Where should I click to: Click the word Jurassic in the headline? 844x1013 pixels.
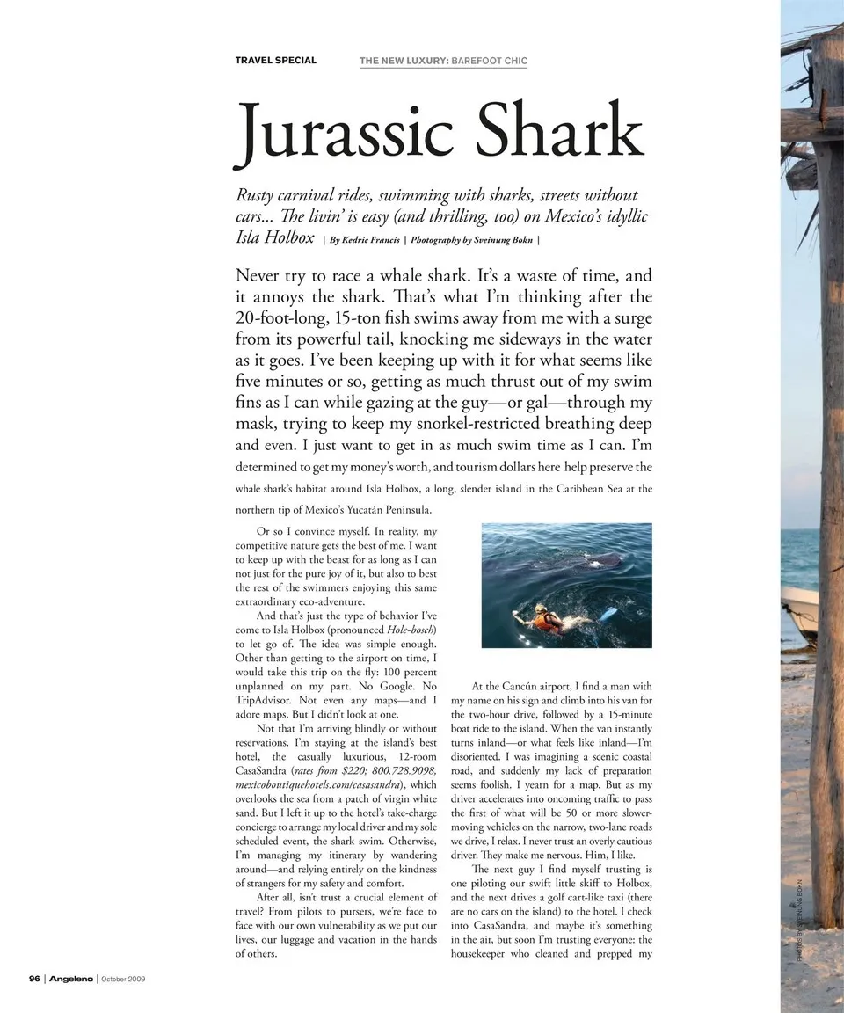point(346,134)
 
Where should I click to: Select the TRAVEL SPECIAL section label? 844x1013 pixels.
point(275,61)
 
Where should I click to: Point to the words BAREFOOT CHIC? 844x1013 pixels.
point(489,61)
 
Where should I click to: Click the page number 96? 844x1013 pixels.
point(34,978)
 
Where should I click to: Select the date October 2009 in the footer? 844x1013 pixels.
point(123,978)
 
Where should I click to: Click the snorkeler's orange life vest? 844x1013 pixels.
point(546,622)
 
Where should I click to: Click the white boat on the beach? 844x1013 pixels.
point(800,612)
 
